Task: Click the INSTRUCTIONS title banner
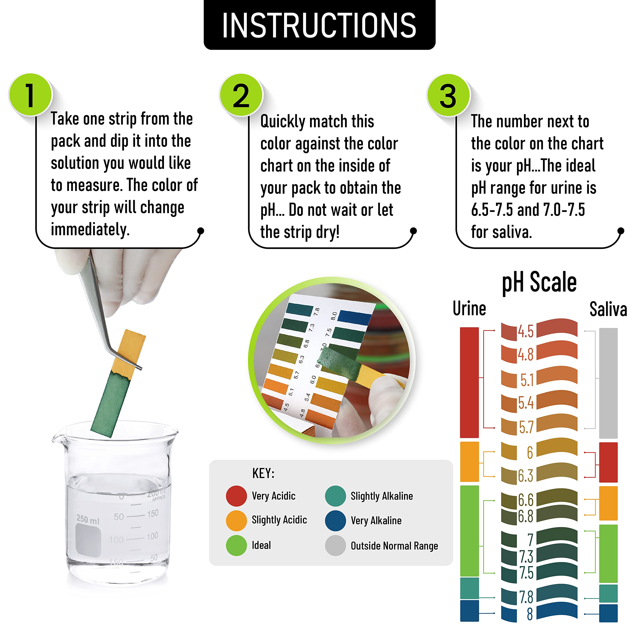tap(319, 25)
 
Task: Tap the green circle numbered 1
tap(30, 95)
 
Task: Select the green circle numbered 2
tap(241, 95)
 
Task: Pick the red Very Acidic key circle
tap(236, 496)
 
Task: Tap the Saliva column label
tap(608, 309)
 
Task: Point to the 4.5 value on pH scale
tap(526, 331)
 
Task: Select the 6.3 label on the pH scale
tap(526, 476)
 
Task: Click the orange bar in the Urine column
tap(469, 461)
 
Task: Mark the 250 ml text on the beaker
tap(88, 519)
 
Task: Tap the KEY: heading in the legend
tap(263, 473)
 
